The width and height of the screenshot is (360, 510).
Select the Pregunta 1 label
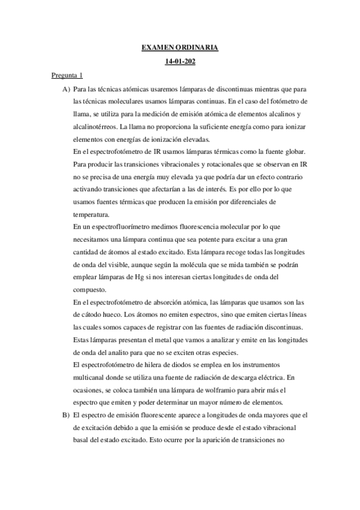pyautogui.click(x=66, y=76)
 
